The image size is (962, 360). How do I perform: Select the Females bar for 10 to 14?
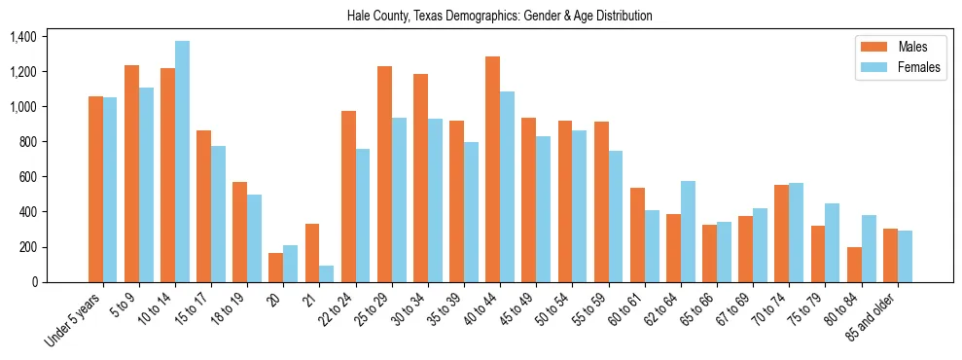(182, 162)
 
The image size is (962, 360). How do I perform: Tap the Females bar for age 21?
(327, 273)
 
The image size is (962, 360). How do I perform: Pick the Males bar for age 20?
(276, 268)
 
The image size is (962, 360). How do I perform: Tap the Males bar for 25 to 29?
(384, 174)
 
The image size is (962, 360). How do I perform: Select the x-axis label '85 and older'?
(875, 317)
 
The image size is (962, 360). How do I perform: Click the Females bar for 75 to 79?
(833, 242)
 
